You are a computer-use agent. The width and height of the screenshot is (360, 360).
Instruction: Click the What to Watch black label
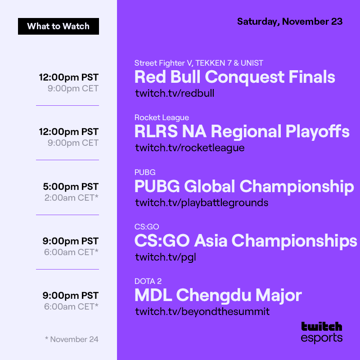coord(58,26)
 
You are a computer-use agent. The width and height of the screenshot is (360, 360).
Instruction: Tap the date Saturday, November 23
coord(290,21)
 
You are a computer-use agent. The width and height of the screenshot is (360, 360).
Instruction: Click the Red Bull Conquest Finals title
coord(234,77)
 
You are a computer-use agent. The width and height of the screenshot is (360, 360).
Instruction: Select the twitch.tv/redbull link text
coord(175,93)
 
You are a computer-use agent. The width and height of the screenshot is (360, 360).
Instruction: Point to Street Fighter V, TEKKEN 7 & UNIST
coord(198,63)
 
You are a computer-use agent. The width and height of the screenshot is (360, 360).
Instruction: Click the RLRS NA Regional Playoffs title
coord(242,131)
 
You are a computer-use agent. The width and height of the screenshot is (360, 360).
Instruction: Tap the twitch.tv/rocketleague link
coord(189,148)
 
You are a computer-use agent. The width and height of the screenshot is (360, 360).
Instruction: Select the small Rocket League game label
coord(162,117)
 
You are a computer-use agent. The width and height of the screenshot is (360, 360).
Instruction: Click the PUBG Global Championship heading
coord(244,186)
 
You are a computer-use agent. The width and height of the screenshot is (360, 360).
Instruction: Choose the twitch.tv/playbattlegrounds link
coord(202,202)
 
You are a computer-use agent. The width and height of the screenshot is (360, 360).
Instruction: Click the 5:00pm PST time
coord(71,186)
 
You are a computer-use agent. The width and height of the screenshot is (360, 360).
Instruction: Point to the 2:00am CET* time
coord(71,198)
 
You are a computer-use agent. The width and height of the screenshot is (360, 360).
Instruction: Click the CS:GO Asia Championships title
coord(245,241)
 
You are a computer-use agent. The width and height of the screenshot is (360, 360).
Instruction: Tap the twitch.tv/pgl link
coord(166,257)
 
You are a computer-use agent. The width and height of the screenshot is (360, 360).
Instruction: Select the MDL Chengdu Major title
coord(218,296)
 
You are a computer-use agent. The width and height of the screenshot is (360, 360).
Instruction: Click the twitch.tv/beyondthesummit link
coord(202,311)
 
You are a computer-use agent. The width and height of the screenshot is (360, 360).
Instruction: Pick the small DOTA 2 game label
coord(148,281)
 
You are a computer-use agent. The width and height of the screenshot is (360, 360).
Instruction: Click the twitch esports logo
coord(321,332)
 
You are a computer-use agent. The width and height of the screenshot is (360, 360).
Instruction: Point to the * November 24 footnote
coord(72,339)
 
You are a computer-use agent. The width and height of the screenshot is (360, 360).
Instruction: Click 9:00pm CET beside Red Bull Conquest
coord(73,88)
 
